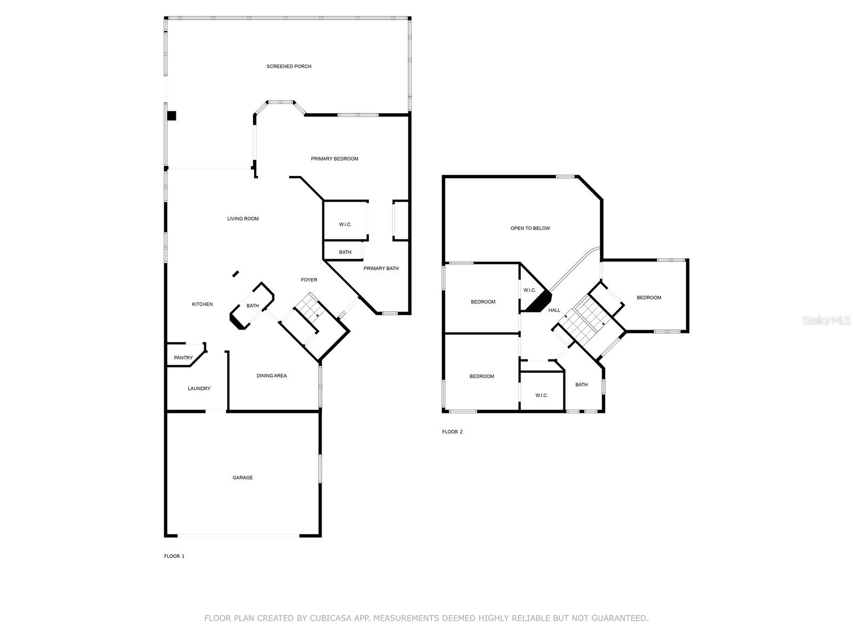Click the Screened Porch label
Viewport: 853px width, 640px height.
pyautogui.click(x=289, y=67)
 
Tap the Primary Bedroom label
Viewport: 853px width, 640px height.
pyautogui.click(x=334, y=158)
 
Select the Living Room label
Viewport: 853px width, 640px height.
pyautogui.click(x=243, y=219)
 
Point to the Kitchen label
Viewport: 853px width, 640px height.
pyautogui.click(x=202, y=304)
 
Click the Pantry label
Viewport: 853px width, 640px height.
pyautogui.click(x=183, y=358)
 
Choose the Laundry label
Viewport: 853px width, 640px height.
pyautogui.click(x=199, y=389)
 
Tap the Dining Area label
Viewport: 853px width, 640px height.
pyautogui.click(x=272, y=376)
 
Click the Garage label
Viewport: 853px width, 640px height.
pyautogui.click(x=243, y=477)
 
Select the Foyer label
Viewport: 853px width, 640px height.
pyautogui.click(x=309, y=280)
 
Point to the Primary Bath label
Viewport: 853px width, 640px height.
pyautogui.click(x=381, y=268)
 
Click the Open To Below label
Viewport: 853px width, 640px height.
pyautogui.click(x=530, y=228)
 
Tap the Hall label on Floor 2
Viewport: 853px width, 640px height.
pyautogui.click(x=554, y=310)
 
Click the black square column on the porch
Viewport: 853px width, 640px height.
pyautogui.click(x=171, y=116)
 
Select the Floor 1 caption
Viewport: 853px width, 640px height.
pyautogui.click(x=174, y=556)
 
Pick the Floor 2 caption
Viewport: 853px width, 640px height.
pyautogui.click(x=452, y=431)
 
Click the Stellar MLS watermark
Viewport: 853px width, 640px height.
pyautogui.click(x=826, y=320)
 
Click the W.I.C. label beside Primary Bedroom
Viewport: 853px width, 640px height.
pyautogui.click(x=345, y=224)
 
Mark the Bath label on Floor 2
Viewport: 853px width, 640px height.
pyautogui.click(x=581, y=385)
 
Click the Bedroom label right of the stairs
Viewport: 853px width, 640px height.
pyautogui.click(x=649, y=298)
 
